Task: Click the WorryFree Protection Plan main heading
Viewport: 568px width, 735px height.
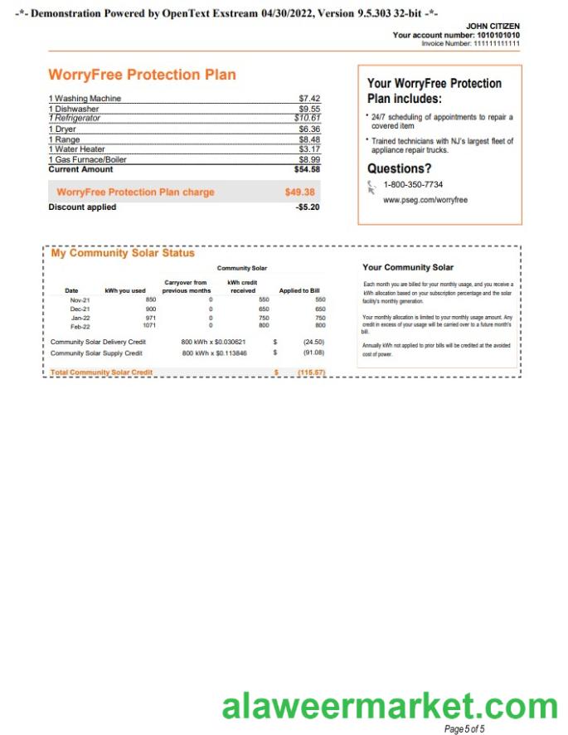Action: (142, 75)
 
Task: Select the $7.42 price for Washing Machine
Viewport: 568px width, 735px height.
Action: (308, 99)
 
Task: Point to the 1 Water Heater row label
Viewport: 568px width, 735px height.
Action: (77, 149)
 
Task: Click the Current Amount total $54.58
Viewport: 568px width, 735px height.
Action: (307, 169)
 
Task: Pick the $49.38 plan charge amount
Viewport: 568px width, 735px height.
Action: (299, 192)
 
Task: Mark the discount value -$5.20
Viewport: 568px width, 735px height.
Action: (307, 207)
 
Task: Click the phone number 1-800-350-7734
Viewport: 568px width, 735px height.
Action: (413, 184)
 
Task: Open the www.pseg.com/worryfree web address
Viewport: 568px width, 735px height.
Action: (425, 200)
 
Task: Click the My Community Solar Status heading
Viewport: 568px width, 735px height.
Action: (123, 253)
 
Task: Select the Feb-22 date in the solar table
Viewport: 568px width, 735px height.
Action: (80, 325)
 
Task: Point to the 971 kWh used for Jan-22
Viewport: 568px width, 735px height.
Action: (150, 317)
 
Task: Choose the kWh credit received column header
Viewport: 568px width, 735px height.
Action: (242, 286)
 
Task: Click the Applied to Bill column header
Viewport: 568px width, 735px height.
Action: (299, 290)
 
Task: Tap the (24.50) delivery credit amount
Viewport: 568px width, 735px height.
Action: (313, 341)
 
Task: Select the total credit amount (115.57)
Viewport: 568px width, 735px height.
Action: (311, 372)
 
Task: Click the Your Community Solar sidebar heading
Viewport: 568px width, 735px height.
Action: (408, 267)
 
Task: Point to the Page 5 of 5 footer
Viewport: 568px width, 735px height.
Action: (464, 728)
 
